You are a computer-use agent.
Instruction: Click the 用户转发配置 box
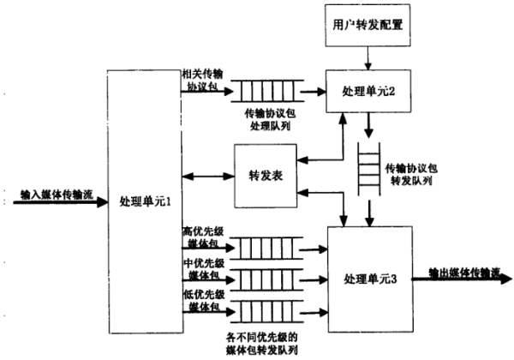click(x=367, y=27)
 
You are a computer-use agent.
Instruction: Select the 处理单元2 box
click(x=366, y=90)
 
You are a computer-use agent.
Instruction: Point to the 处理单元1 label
click(x=146, y=201)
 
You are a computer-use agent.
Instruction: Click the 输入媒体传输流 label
click(x=53, y=195)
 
